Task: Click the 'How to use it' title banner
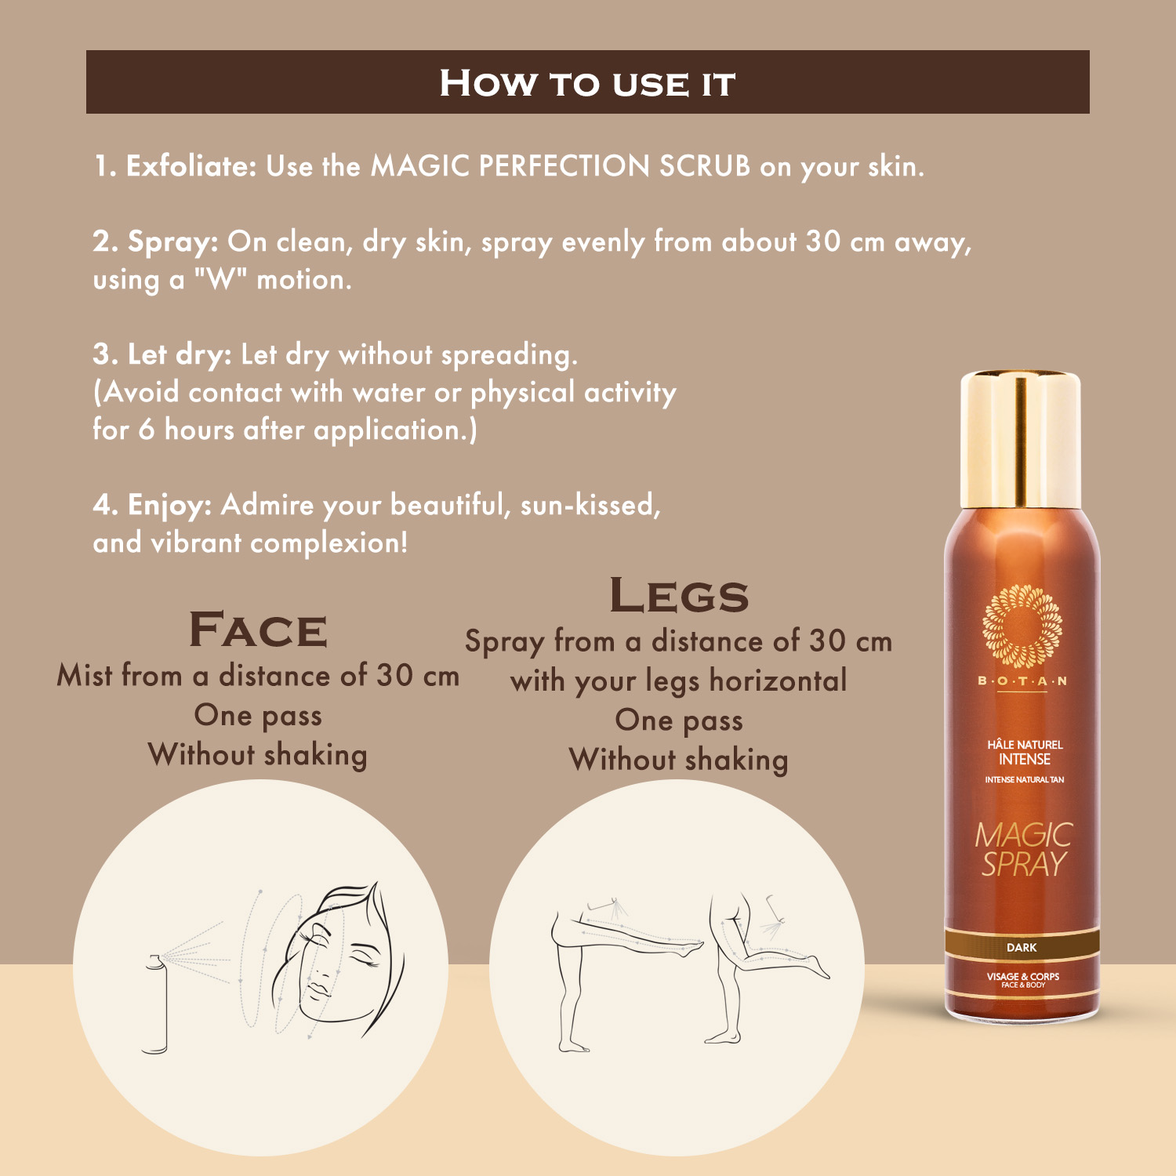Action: tap(587, 82)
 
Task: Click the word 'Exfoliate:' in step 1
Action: tap(191, 166)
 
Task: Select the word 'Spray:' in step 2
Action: tap(172, 241)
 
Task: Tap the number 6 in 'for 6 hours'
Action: tap(147, 430)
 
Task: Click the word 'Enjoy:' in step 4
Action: tap(169, 505)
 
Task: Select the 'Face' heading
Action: tap(258, 630)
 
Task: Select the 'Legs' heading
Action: tap(679, 595)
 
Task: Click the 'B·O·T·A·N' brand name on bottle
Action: tap(1022, 681)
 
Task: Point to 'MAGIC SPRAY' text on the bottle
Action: tap(1022, 849)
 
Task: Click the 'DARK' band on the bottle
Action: tap(1022, 947)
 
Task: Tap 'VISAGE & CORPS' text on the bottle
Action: tap(1022, 976)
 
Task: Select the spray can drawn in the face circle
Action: tap(156, 1004)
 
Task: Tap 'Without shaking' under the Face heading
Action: tap(258, 755)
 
